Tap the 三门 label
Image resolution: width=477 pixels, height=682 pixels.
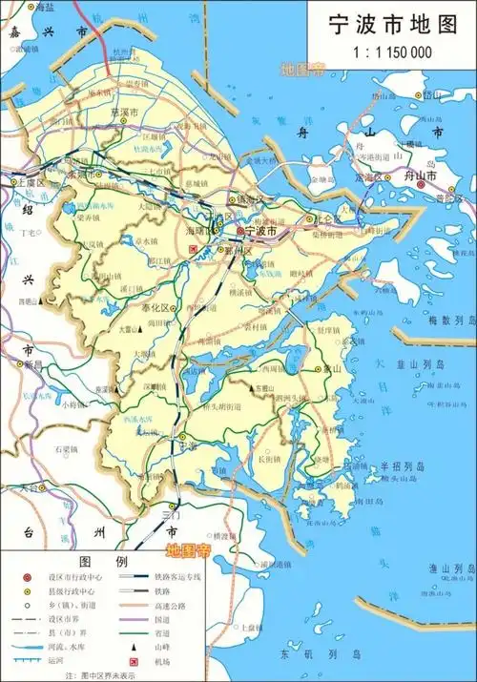point(172,514)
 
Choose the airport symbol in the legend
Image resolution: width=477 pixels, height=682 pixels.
point(125,661)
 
